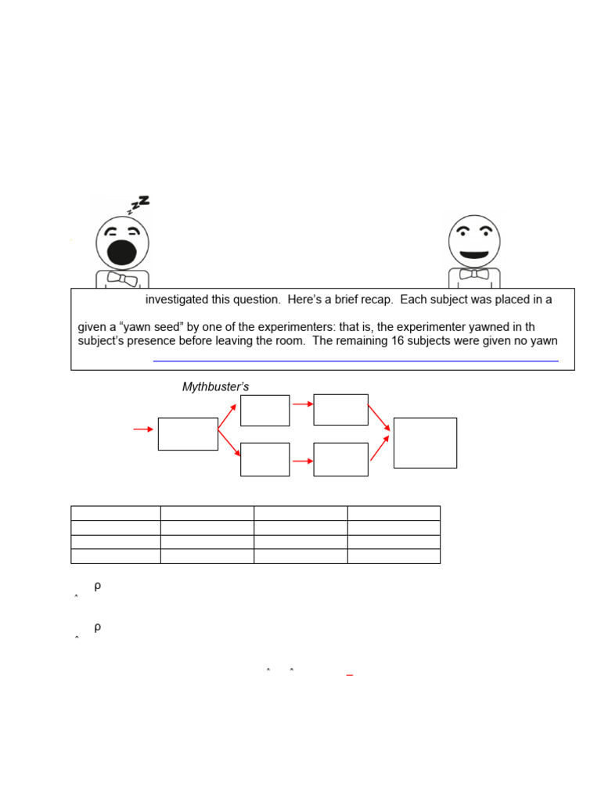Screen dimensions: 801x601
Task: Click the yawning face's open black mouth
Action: [122, 252]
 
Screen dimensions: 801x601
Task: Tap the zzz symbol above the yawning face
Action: [139, 204]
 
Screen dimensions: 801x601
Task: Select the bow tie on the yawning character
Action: [122, 279]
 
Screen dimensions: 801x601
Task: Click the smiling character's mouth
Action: [474, 255]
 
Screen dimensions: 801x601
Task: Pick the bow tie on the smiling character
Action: [474, 274]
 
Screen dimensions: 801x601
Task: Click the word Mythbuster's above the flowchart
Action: [215, 386]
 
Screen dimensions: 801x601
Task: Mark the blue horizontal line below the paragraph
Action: [355, 361]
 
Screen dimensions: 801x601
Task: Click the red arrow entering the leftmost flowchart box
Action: [143, 429]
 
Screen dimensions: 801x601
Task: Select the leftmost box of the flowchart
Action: [188, 434]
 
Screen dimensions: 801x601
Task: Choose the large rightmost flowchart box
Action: [425, 443]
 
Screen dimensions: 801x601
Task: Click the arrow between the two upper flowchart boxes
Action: [302, 404]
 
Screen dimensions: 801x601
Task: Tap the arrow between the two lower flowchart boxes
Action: [302, 462]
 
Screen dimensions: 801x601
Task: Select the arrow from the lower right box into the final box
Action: [380, 447]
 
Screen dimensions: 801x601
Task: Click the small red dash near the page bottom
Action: [350, 673]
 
